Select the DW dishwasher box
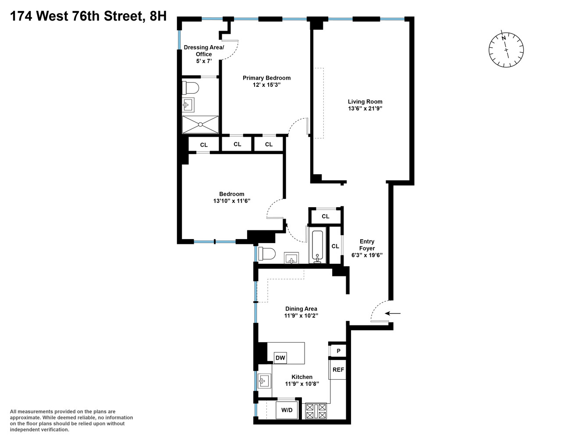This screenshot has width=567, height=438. pyautogui.click(x=280, y=358)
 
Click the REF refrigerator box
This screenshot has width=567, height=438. pyautogui.click(x=338, y=370)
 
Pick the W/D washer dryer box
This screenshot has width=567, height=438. pyautogui.click(x=287, y=410)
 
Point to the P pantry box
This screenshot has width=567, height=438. pyautogui.click(x=338, y=351)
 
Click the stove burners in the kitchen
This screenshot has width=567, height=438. pyautogui.click(x=316, y=411)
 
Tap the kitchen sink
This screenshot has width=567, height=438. pyautogui.click(x=263, y=381)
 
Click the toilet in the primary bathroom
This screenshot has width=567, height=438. pyautogui.click(x=191, y=88)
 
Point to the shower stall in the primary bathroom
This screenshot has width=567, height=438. pyautogui.click(x=200, y=124)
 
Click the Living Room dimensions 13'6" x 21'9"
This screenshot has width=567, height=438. pyautogui.click(x=365, y=109)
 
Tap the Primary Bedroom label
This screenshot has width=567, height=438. pyautogui.click(x=266, y=78)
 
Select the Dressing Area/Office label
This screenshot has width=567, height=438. pyautogui.click(x=204, y=51)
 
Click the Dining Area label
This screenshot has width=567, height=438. pyautogui.click(x=301, y=309)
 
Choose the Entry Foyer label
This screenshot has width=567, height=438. pyautogui.click(x=367, y=245)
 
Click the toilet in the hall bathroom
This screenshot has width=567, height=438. pyautogui.click(x=266, y=254)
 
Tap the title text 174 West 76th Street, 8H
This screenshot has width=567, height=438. pyautogui.click(x=88, y=16)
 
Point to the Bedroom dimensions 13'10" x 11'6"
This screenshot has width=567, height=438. pyautogui.click(x=231, y=201)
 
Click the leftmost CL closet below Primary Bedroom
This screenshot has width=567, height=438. pyautogui.click(x=204, y=145)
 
